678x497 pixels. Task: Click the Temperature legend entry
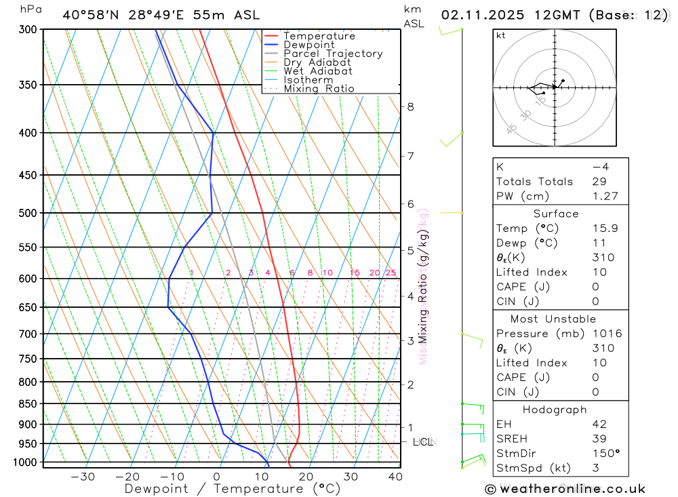pos(319,36)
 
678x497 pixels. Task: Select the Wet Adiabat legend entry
pos(317,71)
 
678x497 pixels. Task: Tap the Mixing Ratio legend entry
pos(319,89)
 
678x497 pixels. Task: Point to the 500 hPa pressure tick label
pos(28,213)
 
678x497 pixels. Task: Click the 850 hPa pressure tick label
pos(28,404)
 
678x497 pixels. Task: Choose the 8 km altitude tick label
pos(410,106)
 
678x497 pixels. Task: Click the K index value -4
pos(599,167)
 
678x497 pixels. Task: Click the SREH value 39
pos(599,439)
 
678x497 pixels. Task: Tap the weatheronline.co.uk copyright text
pos(565,489)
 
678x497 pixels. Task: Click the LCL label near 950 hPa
pos(423,442)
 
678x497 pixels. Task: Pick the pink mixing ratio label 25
pos(391,273)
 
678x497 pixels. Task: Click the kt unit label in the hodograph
pos(501,35)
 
